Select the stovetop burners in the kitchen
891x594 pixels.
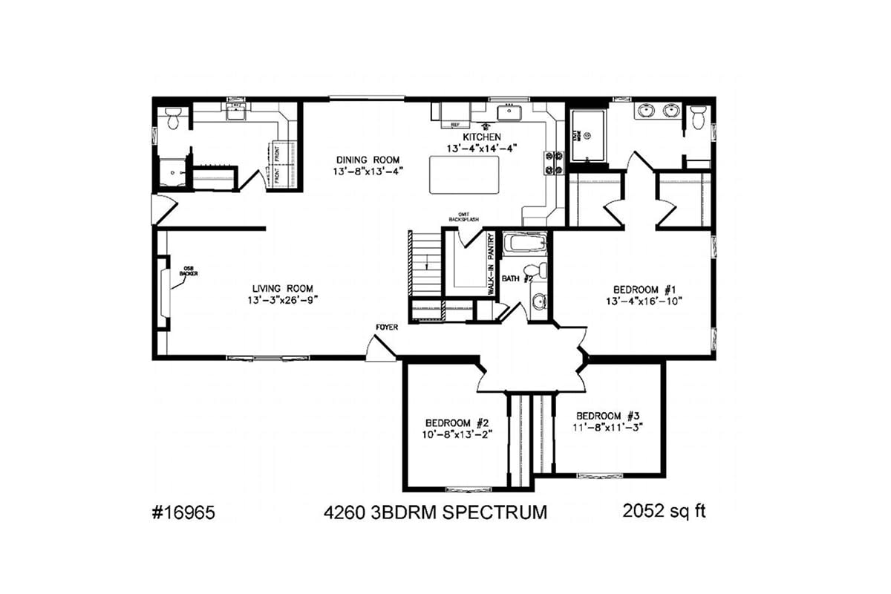coord(555,163)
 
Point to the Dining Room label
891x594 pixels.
coord(368,160)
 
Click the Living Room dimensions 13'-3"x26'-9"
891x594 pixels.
coord(281,301)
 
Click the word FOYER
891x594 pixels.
coord(386,327)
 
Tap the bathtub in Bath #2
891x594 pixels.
coord(524,244)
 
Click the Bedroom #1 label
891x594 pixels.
coord(643,289)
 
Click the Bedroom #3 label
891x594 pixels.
coord(608,415)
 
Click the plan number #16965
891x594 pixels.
coord(184,513)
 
